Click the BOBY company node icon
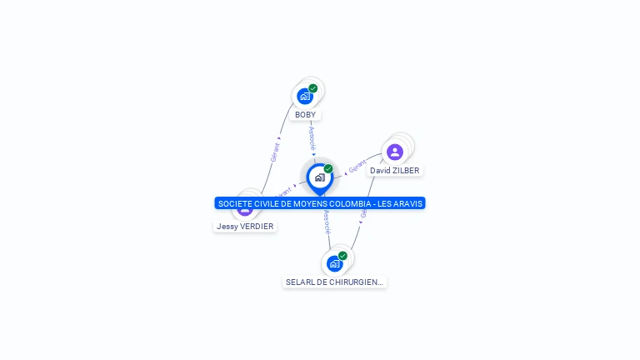pyautogui.click(x=305, y=96)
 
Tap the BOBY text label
pyautogui.click(x=305, y=115)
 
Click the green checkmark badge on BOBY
pyautogui.click(x=313, y=88)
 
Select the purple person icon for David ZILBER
pyautogui.click(x=395, y=152)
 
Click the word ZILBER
pyautogui.click(x=406, y=171)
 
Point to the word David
pyautogui.click(x=380, y=171)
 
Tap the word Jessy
pyautogui.click(x=227, y=227)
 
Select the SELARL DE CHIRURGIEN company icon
pyautogui.click(x=334, y=263)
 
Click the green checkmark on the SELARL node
pyautogui.click(x=342, y=256)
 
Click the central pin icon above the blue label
pyautogui.click(x=319, y=177)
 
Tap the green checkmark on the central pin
pyautogui.click(x=328, y=169)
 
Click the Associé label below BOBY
pyautogui.click(x=312, y=137)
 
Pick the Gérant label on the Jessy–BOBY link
pyautogui.click(x=274, y=151)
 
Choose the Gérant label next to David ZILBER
pyautogui.click(x=357, y=167)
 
